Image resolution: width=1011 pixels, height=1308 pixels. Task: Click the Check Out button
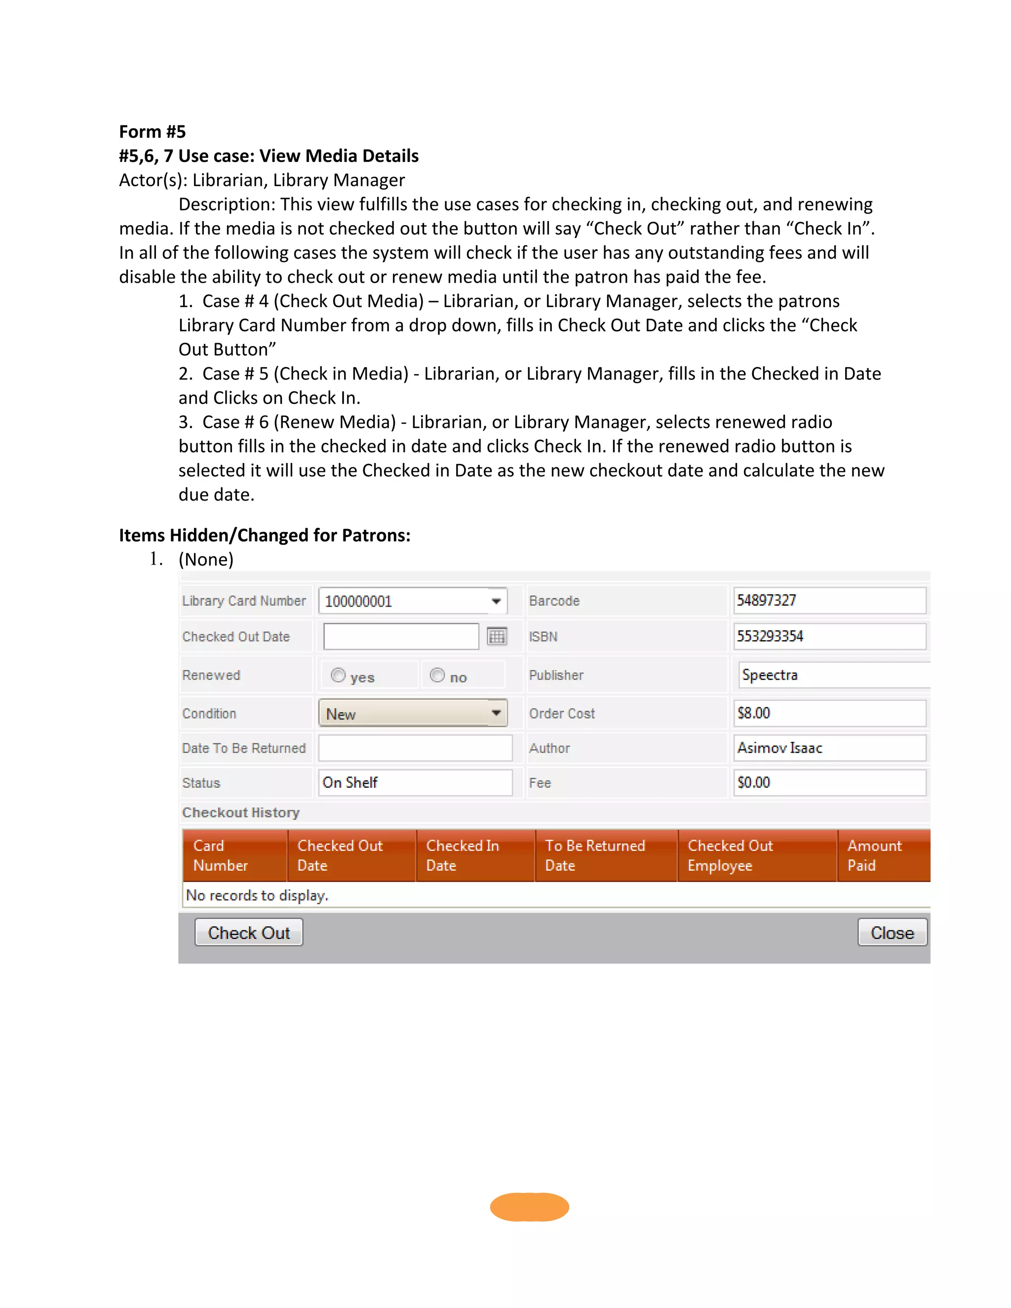(x=249, y=932)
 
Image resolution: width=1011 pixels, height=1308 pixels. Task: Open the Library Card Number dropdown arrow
(x=496, y=601)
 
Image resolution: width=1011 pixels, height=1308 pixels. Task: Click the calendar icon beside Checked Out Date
(x=497, y=636)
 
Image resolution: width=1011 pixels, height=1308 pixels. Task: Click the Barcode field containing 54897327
(x=829, y=600)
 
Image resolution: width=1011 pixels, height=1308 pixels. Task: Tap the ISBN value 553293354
(x=829, y=636)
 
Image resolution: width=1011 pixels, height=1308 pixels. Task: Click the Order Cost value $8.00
(x=829, y=713)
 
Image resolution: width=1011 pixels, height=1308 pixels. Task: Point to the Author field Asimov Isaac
(x=829, y=747)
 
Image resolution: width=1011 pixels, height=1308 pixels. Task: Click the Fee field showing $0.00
(x=829, y=782)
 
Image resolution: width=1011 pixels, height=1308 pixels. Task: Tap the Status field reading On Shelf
(x=415, y=782)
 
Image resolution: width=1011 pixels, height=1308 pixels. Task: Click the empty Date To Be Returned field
(x=415, y=747)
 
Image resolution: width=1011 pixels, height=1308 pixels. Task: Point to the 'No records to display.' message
(x=257, y=895)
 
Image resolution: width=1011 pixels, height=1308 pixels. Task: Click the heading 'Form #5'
(x=152, y=131)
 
